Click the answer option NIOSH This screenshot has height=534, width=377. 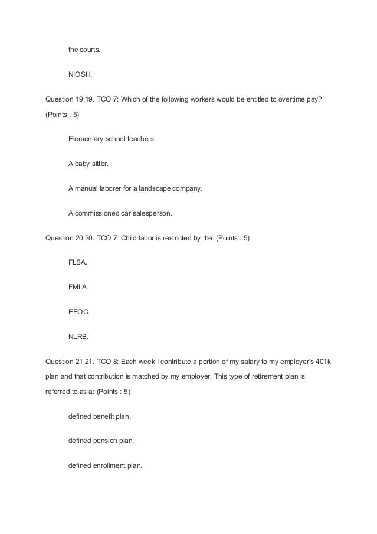click(80, 75)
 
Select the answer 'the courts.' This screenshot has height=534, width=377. click(84, 50)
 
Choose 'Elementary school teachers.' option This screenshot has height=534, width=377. click(112, 139)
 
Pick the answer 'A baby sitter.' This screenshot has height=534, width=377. click(88, 164)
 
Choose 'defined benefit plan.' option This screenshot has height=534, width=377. click(100, 416)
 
